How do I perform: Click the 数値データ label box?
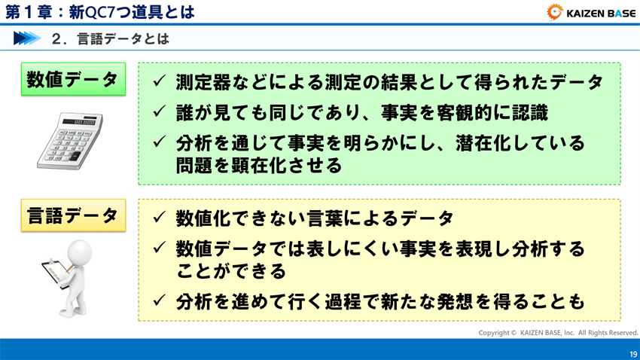[x=72, y=79]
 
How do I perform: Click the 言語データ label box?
[x=72, y=215]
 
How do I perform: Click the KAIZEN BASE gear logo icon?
[x=554, y=11]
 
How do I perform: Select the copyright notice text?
[x=558, y=332]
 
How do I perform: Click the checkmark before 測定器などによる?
[x=159, y=81]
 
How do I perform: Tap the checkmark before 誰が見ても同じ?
[x=159, y=111]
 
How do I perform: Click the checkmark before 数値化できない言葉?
[x=159, y=218]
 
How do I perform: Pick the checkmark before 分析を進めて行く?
[x=159, y=302]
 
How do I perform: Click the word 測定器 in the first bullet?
[x=203, y=82]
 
